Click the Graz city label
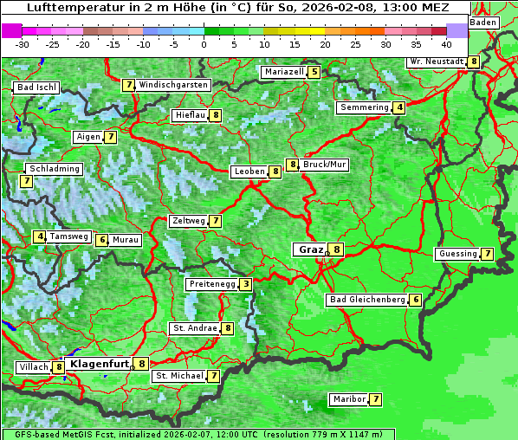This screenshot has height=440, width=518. (310, 249)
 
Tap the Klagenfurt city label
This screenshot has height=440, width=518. (99, 364)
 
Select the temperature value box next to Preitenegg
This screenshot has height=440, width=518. (247, 284)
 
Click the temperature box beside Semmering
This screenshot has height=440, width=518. (398, 107)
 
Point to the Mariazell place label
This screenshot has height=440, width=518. (283, 72)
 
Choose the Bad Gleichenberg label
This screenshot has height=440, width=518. (366, 300)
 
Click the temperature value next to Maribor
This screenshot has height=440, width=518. (375, 399)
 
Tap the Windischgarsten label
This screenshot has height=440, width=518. (173, 85)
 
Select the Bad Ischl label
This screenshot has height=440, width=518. (36, 87)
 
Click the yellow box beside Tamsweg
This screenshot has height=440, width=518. (40, 236)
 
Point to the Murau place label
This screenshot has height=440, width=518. (126, 240)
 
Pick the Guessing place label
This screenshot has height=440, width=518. (457, 254)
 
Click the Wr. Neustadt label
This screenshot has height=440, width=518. (437, 61)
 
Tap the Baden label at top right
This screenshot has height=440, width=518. (483, 23)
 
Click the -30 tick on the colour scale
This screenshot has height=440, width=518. (23, 43)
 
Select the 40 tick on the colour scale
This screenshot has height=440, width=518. (446, 43)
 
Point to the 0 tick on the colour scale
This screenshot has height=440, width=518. (204, 43)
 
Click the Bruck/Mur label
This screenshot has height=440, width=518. (325, 165)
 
